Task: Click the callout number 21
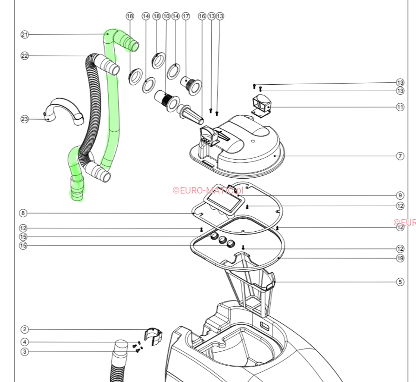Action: click(25, 34)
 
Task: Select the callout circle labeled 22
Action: click(25, 56)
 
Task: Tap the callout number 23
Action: click(25, 119)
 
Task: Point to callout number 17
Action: click(186, 16)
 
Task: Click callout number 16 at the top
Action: click(202, 16)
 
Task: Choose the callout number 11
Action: click(400, 107)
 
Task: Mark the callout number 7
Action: click(400, 156)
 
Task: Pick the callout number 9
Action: click(400, 195)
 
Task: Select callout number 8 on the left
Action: click(23, 213)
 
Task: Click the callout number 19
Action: click(400, 258)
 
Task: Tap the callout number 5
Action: click(400, 281)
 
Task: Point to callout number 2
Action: click(25, 329)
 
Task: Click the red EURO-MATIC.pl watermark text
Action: click(208, 190)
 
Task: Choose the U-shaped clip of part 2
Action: click(153, 335)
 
